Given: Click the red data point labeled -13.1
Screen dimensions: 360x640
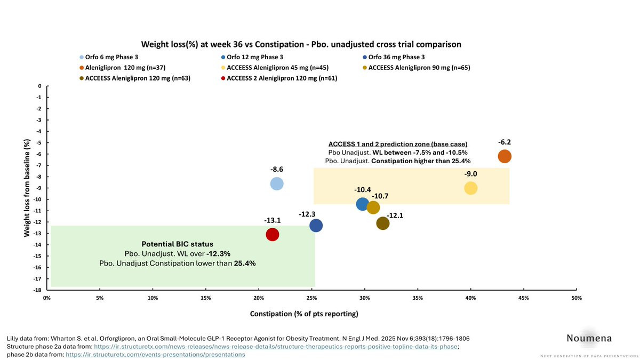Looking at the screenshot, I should point(273,234).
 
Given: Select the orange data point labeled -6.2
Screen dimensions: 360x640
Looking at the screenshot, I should point(505,156).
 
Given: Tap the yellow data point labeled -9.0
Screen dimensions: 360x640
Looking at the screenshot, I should point(470,188).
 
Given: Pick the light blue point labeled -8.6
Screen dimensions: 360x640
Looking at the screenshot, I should point(277,183).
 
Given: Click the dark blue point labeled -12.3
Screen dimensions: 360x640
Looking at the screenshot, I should point(316,226).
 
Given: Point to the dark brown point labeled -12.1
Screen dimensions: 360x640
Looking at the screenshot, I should point(382,223).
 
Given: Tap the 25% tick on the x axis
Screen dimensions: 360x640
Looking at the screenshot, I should point(311,298).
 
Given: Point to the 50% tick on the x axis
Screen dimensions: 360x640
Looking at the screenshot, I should point(576,298).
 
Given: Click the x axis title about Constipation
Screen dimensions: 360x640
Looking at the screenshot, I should point(304,314).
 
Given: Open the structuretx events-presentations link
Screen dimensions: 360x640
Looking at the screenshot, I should point(155,354).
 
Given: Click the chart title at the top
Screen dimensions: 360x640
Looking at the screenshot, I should point(301,44).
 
